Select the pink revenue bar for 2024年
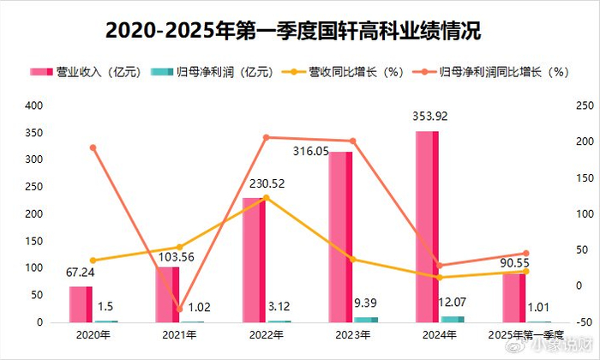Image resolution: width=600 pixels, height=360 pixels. click(x=427, y=227)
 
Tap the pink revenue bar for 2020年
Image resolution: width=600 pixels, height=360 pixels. click(x=81, y=304)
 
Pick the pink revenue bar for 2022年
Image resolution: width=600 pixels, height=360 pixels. click(x=254, y=260)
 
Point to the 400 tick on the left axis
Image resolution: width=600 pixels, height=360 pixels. click(x=35, y=105)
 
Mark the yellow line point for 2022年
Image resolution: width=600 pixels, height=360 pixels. click(x=266, y=197)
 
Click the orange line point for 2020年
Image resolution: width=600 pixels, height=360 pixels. click(x=93, y=147)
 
